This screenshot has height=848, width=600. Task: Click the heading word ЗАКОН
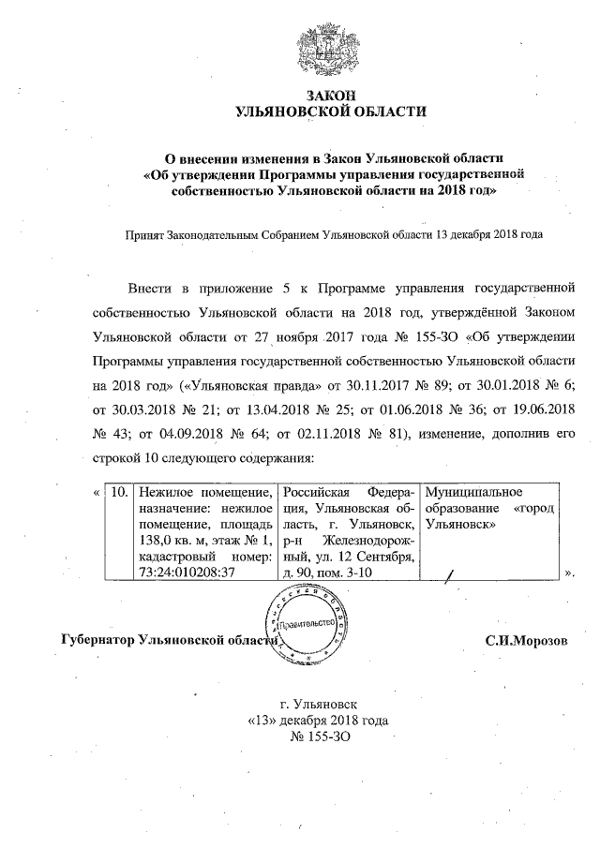(x=329, y=97)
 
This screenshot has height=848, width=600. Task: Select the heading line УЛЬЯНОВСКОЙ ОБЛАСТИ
(x=329, y=112)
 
